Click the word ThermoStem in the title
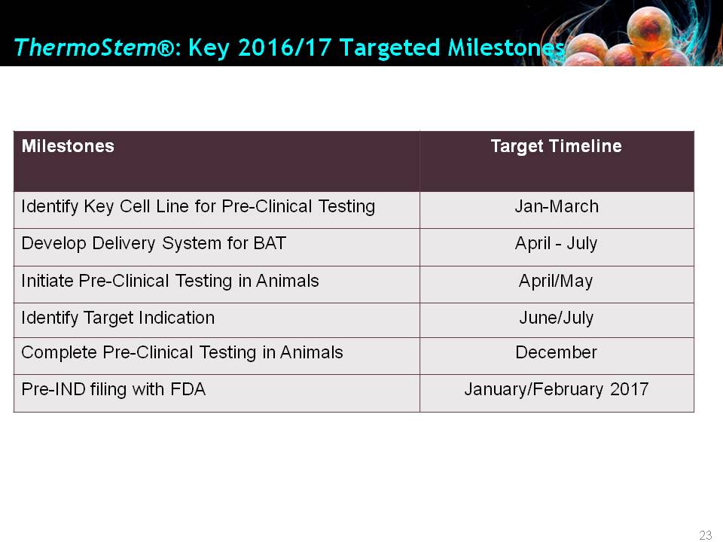coord(86,47)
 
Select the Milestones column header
coord(68,146)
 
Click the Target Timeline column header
coord(556,146)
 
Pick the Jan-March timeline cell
coord(557,206)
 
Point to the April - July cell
coord(556,243)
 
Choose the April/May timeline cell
coord(556,281)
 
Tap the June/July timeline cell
coord(556,318)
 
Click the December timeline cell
coord(556,352)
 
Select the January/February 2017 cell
coord(556,389)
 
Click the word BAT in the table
coord(270,243)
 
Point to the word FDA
coord(188,389)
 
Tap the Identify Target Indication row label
coord(118,318)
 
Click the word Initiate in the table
coord(47,281)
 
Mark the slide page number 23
coord(706,535)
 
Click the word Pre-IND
coord(53,389)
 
